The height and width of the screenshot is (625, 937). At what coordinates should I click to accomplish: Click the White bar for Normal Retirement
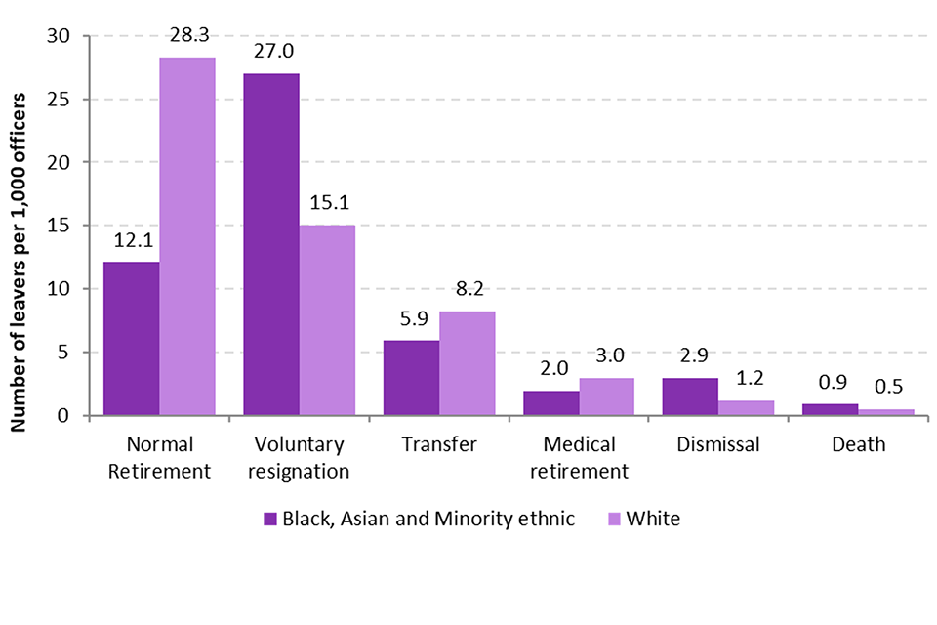[x=187, y=236]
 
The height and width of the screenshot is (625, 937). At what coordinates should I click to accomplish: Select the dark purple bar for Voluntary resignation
[x=271, y=244]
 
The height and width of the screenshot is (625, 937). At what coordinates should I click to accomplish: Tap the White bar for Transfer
[x=468, y=363]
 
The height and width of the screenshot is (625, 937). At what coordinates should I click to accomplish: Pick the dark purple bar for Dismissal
[x=691, y=396]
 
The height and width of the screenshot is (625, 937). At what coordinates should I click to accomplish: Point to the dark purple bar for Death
[x=831, y=409]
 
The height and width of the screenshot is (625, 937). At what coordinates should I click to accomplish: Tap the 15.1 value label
[x=327, y=205]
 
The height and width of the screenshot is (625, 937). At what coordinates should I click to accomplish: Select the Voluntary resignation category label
[x=299, y=458]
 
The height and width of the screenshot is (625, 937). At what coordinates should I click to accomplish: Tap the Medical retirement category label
[x=579, y=458]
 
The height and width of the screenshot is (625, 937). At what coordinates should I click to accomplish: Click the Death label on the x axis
[x=859, y=445]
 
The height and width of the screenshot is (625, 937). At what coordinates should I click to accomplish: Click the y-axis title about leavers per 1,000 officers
[x=20, y=226]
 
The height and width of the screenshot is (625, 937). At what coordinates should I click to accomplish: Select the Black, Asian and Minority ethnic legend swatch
[x=270, y=519]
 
